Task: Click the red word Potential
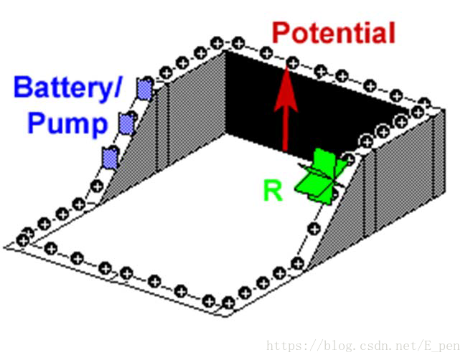334,34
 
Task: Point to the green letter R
273,191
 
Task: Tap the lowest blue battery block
110,156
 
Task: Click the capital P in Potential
283,34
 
